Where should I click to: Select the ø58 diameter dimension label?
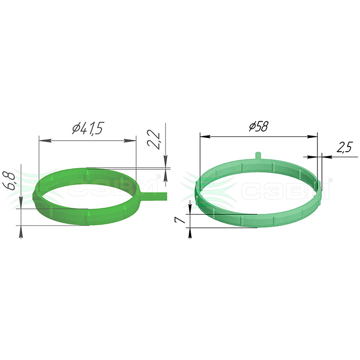click(259, 126)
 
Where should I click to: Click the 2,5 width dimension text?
click(345, 147)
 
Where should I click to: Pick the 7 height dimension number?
click(180, 220)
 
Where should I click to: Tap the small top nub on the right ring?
click(258, 155)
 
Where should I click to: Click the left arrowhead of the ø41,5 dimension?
click(45, 140)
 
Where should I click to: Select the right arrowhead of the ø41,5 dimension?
click(130, 140)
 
